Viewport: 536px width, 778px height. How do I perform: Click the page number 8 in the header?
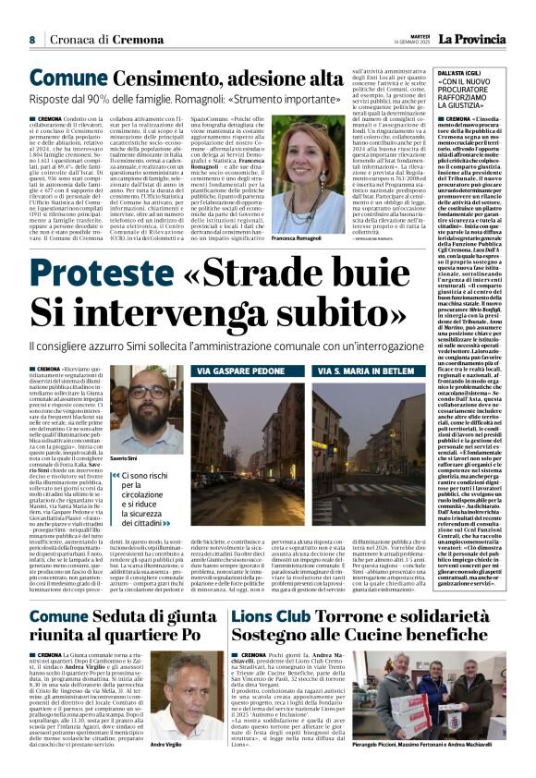31,40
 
